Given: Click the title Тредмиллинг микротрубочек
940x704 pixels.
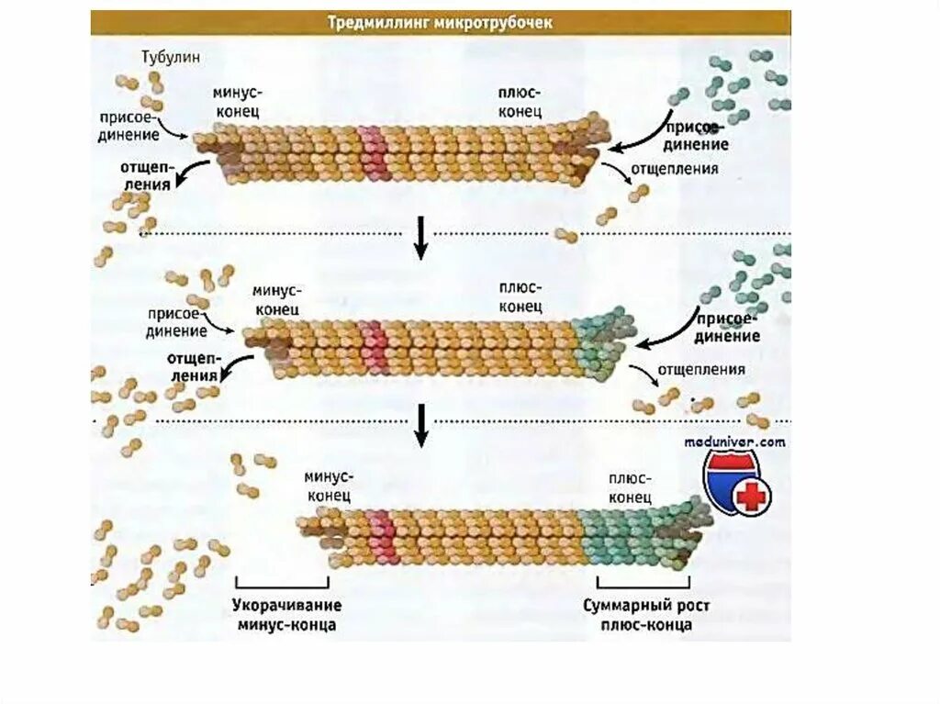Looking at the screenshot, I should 441,22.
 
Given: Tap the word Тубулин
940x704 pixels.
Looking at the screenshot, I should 171,57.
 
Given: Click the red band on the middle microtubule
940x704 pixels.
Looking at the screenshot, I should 374,346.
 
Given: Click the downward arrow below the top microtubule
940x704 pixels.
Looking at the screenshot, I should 421,237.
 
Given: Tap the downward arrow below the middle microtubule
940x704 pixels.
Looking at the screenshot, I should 421,425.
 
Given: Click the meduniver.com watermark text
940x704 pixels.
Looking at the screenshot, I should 735,441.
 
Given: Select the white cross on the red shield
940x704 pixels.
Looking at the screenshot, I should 754,497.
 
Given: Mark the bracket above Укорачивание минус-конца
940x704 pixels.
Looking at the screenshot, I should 282,584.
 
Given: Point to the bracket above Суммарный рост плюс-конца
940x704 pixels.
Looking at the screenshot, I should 643,584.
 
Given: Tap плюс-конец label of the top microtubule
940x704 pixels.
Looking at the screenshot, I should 519,100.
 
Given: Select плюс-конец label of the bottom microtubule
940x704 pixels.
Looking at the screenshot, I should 629,486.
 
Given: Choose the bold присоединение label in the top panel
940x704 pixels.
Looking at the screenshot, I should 698,136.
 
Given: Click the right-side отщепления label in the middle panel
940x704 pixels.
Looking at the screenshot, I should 700,370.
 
